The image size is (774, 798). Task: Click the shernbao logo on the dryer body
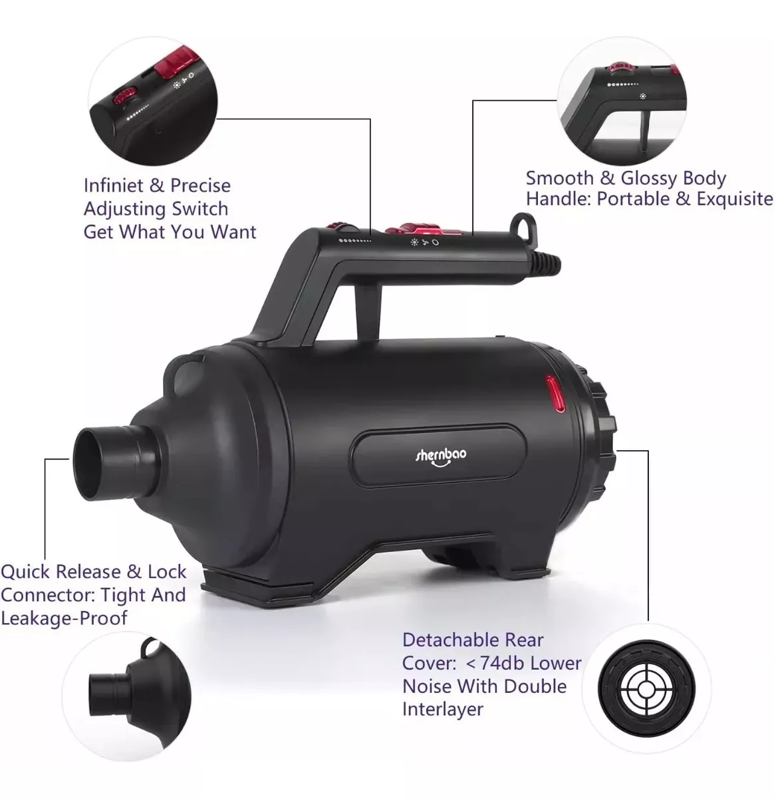(x=441, y=456)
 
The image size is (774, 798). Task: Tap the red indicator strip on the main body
(x=555, y=394)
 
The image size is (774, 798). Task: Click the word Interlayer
(x=443, y=710)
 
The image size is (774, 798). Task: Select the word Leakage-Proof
(x=64, y=618)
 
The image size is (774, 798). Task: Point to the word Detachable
(x=450, y=640)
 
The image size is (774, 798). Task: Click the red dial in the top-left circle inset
(x=124, y=96)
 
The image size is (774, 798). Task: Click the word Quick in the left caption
(x=27, y=572)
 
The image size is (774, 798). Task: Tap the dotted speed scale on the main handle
(x=355, y=241)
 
